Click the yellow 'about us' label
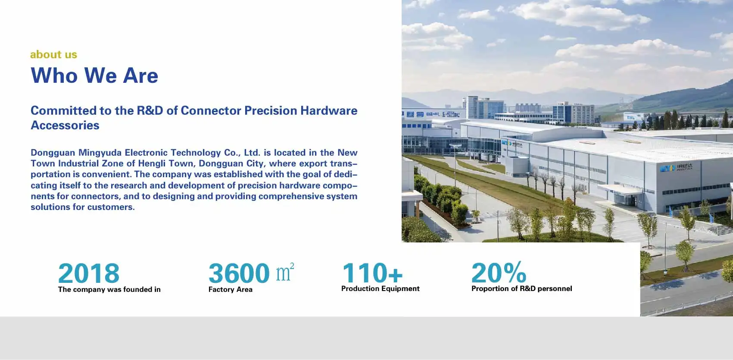[x=54, y=54]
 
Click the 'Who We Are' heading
[x=94, y=75]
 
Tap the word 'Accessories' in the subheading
[x=65, y=125]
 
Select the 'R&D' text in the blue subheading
[x=150, y=111]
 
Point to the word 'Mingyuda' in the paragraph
[x=100, y=153]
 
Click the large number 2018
[x=89, y=273]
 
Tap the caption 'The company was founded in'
[x=109, y=290]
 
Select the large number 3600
[x=239, y=273]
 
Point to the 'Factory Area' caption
[x=231, y=290]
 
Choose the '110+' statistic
[x=372, y=272]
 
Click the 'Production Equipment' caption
[x=380, y=289]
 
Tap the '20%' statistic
[x=499, y=272]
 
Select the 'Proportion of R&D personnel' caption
[x=521, y=289]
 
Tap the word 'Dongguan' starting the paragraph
[x=53, y=153]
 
